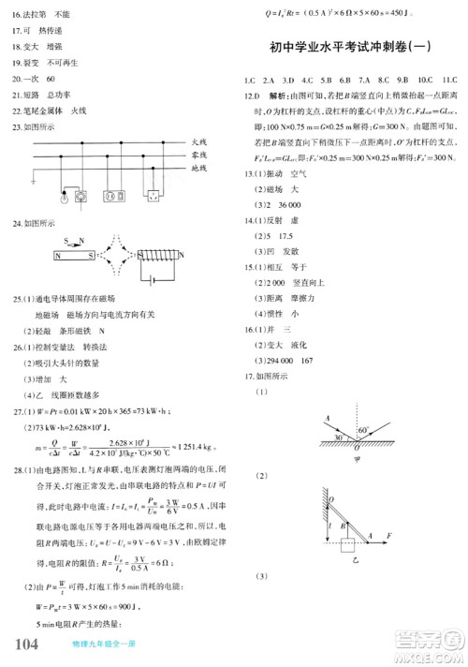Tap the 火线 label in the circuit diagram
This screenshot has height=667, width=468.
pyautogui.click(x=197, y=141)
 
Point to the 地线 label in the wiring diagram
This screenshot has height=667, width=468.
pyautogui.click(x=197, y=168)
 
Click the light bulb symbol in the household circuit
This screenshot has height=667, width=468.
pyautogui.click(x=64, y=197)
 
